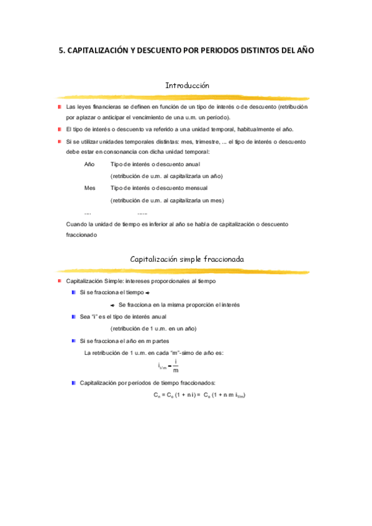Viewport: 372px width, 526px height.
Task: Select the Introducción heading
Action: [188, 86]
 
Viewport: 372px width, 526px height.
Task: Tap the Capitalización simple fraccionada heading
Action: [187, 259]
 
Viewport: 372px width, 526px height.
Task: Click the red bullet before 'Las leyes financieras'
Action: [58, 107]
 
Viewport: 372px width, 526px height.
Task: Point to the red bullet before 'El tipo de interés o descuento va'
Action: [58, 129]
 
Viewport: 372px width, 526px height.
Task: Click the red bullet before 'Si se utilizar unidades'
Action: [58, 141]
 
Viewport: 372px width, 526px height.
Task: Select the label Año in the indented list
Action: [89, 164]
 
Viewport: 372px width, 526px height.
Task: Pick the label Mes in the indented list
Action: [90, 187]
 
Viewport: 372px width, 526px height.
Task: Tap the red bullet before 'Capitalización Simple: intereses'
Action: [58, 281]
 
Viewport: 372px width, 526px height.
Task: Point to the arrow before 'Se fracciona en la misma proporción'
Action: [112, 305]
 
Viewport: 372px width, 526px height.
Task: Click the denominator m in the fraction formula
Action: [176, 371]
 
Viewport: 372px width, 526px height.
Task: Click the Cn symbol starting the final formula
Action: [157, 394]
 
